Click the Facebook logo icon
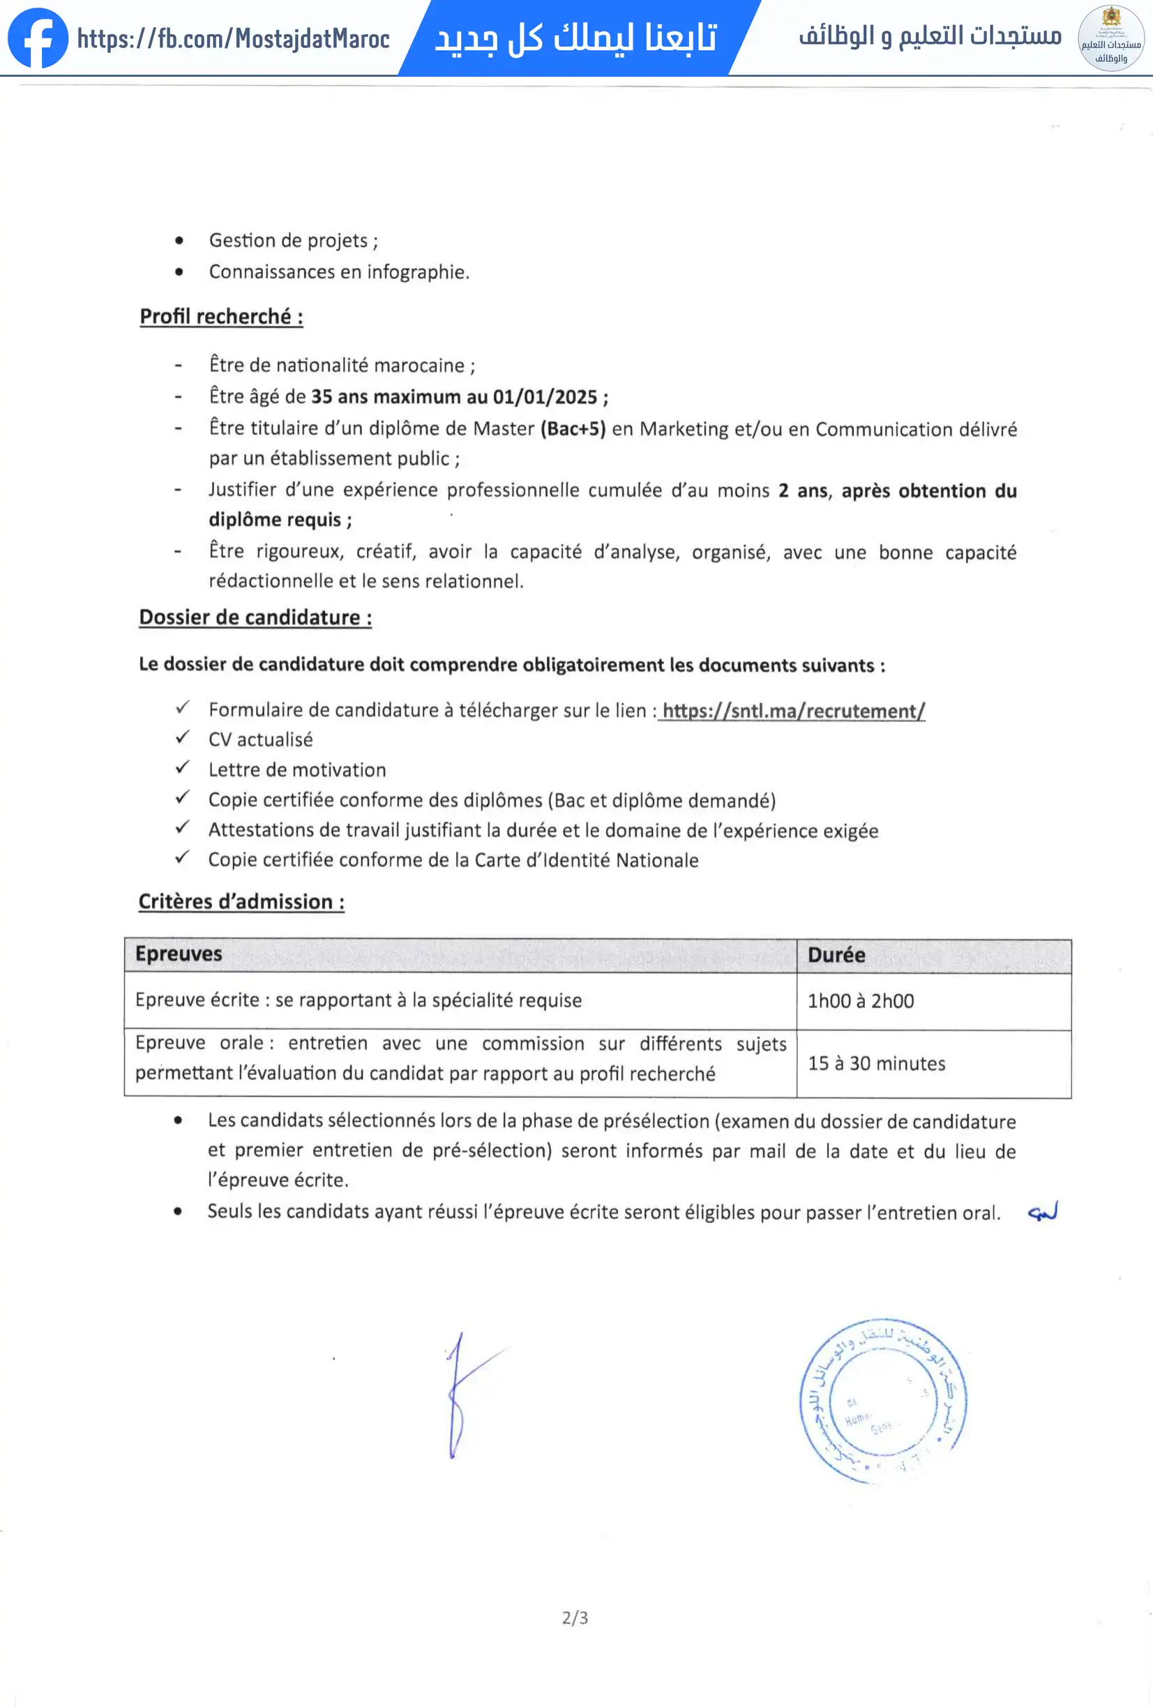click(38, 38)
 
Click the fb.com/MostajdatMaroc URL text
click(234, 38)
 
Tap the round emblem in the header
click(1110, 38)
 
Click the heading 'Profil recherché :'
click(221, 317)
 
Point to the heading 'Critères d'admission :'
click(241, 901)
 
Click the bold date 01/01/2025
click(545, 398)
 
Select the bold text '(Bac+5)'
click(573, 429)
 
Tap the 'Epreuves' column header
click(179, 954)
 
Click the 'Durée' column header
click(836, 955)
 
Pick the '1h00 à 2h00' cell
click(861, 1001)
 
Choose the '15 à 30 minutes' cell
click(876, 1064)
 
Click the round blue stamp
click(884, 1401)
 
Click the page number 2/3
click(575, 1618)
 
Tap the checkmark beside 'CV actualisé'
click(183, 737)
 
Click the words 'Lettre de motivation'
click(296, 769)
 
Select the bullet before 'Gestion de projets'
click(179, 241)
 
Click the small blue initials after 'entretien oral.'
click(1043, 1212)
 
